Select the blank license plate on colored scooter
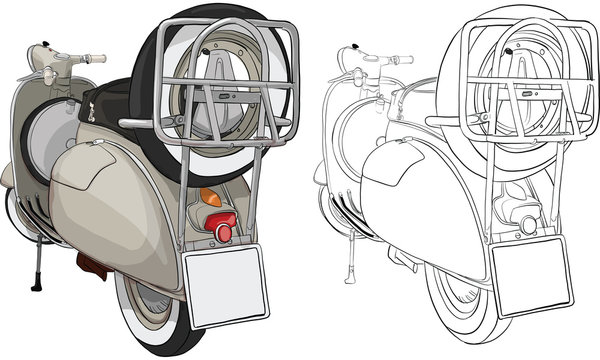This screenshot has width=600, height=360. pos(227,288)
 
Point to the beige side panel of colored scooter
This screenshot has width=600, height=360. pos(110,200)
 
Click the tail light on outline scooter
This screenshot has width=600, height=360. pos(526,226)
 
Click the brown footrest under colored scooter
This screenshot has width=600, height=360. pos(92,264)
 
